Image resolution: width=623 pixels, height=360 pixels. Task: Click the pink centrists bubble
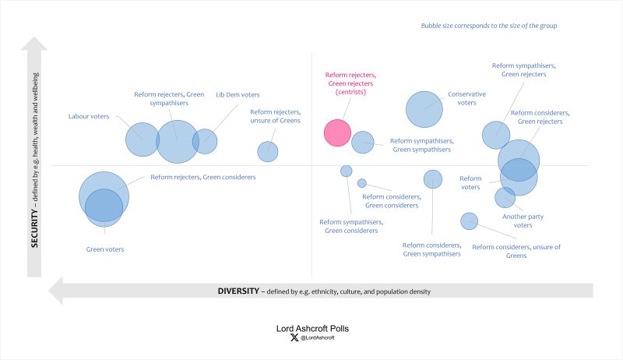point(337,132)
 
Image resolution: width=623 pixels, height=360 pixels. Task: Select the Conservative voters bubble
point(424,109)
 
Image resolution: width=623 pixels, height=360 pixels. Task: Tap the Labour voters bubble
point(143,139)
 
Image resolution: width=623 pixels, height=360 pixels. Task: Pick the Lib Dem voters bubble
point(205,141)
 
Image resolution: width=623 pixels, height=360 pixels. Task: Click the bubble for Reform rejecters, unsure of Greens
point(268,151)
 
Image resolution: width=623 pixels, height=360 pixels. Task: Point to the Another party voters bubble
point(505,198)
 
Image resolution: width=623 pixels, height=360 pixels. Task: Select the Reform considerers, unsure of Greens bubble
point(469,221)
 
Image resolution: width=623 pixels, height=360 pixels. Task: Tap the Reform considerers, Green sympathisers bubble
point(433,179)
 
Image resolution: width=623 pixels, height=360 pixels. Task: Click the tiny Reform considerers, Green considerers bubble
point(362,183)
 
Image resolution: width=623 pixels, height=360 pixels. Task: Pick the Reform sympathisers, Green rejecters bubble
point(496,135)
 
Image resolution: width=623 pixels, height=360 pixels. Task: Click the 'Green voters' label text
point(104,249)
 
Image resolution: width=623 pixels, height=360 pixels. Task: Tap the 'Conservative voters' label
point(466,98)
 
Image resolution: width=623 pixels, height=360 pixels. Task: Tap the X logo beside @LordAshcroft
point(294,339)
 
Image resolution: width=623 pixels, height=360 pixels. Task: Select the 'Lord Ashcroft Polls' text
point(311,328)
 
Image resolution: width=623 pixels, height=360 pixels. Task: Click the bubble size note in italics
point(489,26)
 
